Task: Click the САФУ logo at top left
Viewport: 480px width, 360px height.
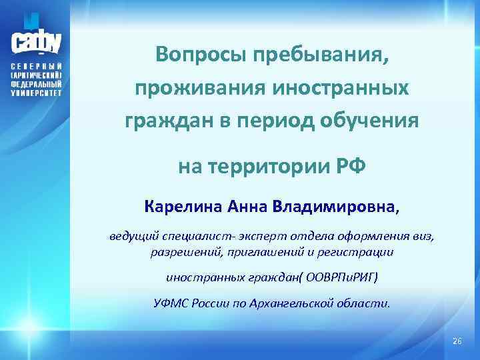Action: (x=36, y=39)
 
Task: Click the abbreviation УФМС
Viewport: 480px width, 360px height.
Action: (x=171, y=303)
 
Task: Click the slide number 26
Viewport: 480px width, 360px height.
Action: (x=456, y=341)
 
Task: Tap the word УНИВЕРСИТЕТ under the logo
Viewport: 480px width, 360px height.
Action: (x=36, y=94)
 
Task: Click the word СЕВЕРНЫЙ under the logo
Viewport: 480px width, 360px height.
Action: (x=36, y=69)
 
